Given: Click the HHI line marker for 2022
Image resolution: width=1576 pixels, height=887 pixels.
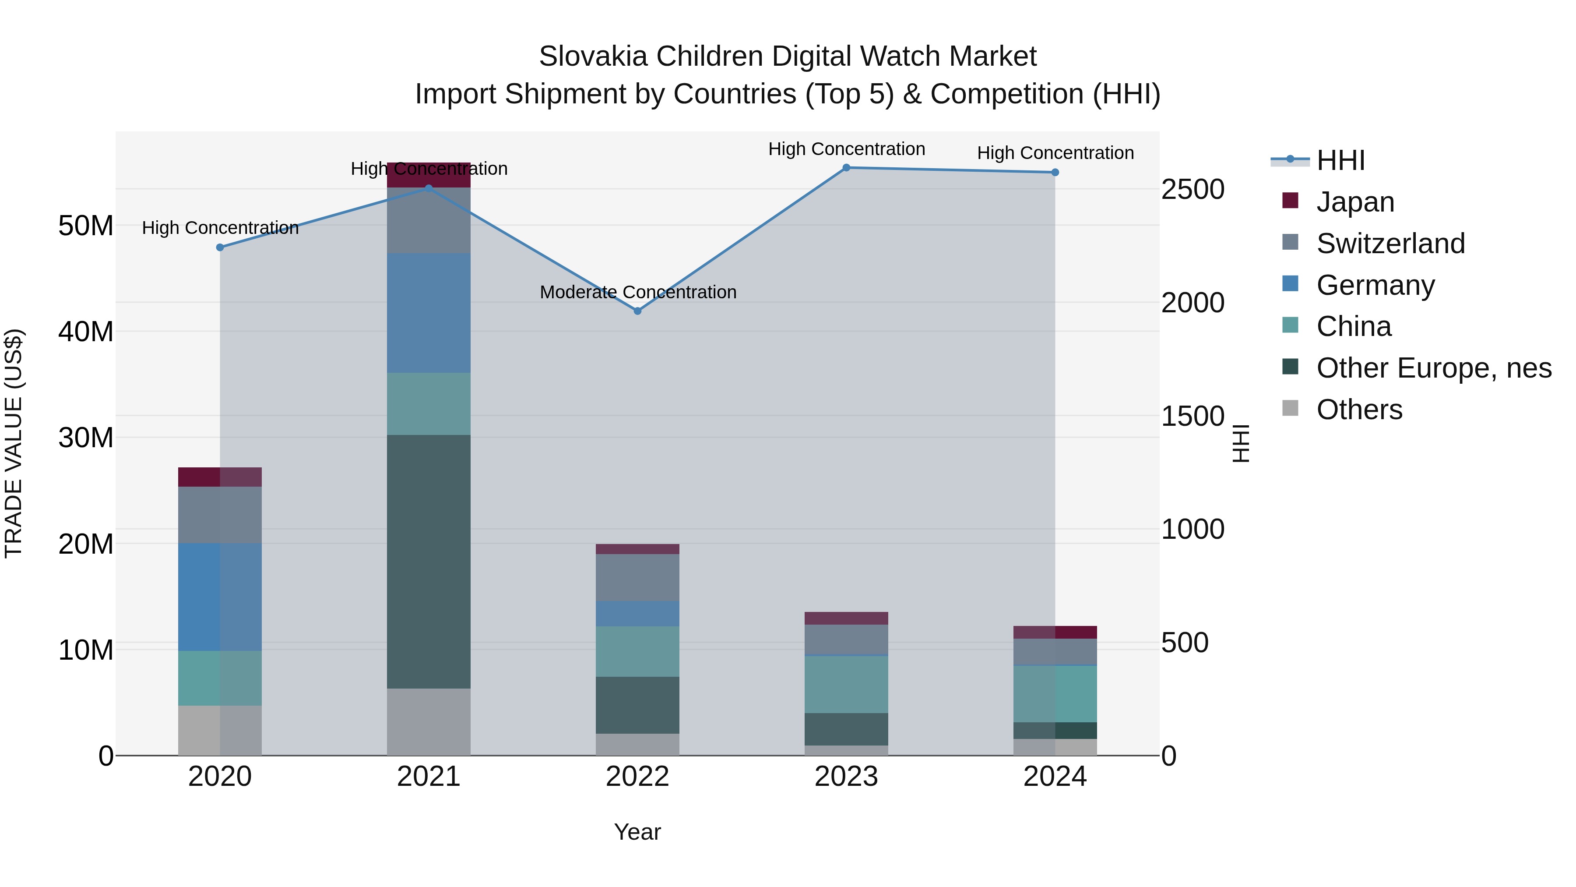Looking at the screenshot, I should pos(637,311).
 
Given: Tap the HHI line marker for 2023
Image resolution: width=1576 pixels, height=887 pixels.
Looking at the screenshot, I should pos(846,167).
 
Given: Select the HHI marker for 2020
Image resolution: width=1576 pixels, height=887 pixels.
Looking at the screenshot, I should pos(220,247).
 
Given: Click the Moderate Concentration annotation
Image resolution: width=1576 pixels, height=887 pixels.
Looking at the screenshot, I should pos(637,292).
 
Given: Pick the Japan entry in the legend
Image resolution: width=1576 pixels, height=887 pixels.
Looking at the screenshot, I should pos(1354,202).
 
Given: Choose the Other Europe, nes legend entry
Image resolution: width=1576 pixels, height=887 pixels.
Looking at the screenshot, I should pos(1433,368).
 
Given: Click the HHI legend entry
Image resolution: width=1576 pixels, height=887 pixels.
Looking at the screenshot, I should pos(1340,160).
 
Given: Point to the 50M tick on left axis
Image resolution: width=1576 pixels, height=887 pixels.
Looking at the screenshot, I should pos(86,226).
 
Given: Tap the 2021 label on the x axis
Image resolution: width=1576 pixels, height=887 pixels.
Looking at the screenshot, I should pos(428,777).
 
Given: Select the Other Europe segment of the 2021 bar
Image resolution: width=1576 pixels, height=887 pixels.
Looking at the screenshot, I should pos(428,562).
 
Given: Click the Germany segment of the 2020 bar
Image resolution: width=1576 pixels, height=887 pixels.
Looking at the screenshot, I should pos(220,597).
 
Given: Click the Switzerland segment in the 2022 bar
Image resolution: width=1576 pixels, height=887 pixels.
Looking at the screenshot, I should pos(637,577).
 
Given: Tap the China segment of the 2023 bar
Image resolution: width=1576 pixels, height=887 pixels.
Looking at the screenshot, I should pos(846,684).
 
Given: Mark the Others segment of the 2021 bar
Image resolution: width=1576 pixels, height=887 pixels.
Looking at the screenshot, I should pos(428,722).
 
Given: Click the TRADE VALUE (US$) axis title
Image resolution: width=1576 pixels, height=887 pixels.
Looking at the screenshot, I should pos(14,443).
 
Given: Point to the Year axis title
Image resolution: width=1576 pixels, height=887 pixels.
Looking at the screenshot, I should pos(637,832).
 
